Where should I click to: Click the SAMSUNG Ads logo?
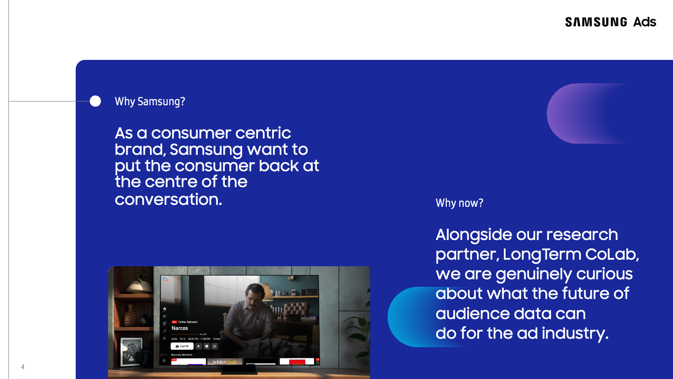click(x=610, y=22)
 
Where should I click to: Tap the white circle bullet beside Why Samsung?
click(x=95, y=101)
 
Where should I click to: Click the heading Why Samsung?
click(x=150, y=102)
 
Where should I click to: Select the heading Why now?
click(x=459, y=203)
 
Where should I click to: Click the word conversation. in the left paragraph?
click(x=168, y=200)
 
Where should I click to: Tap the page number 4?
click(x=22, y=367)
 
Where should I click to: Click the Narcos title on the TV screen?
click(x=179, y=328)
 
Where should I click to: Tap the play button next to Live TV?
click(x=199, y=346)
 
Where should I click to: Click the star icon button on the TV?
click(x=215, y=346)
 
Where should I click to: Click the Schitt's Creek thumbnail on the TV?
click(x=225, y=362)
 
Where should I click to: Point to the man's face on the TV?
click(x=253, y=296)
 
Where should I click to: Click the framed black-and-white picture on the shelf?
click(x=131, y=351)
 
